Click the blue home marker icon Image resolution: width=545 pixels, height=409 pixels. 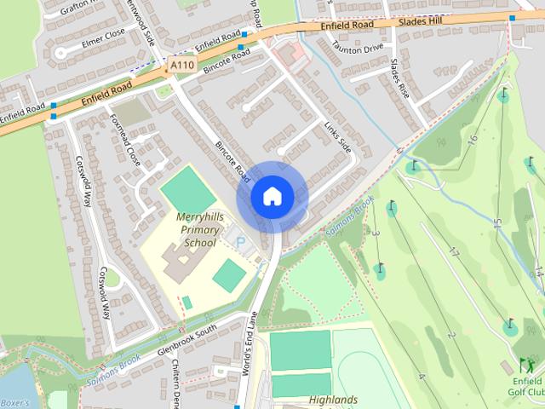pyautogui.click(x=272, y=196)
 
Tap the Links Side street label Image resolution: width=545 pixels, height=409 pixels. pyautogui.click(x=337, y=136)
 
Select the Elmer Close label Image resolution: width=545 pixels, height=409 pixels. pyautogui.click(x=102, y=37)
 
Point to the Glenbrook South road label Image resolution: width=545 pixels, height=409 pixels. pyautogui.click(x=188, y=340)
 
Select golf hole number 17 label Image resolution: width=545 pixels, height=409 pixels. pyautogui.click(x=454, y=253)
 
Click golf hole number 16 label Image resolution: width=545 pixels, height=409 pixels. pyautogui.click(x=473, y=140)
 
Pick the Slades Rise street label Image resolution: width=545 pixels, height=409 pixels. pyautogui.click(x=399, y=78)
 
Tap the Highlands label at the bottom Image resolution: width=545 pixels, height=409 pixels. pyautogui.click(x=333, y=400)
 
